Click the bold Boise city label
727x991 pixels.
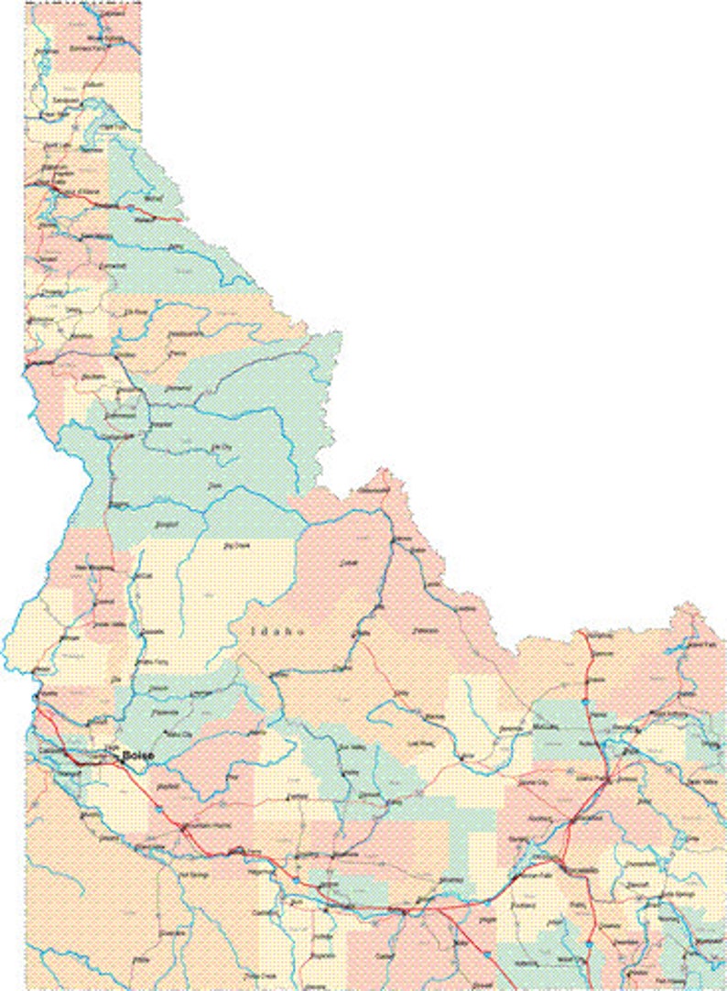pos(137,756)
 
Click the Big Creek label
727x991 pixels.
pos(237,547)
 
